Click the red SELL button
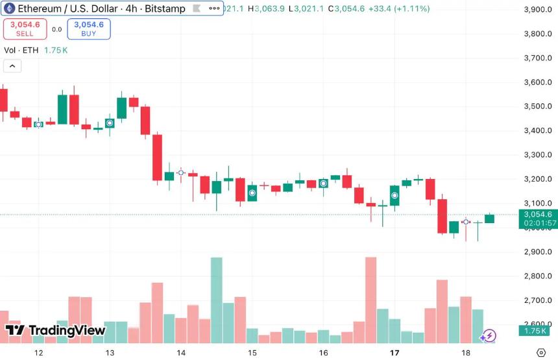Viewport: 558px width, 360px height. (25, 29)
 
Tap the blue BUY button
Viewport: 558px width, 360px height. (88, 29)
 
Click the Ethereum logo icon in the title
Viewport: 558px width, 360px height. (10, 9)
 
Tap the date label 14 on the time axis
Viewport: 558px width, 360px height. (181, 353)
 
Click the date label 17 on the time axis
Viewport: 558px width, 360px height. (394, 353)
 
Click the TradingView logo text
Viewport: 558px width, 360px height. (56, 330)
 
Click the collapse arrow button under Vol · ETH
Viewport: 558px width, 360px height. (12, 66)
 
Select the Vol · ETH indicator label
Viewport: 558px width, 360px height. (21, 50)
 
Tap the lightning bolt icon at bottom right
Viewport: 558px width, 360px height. (488, 335)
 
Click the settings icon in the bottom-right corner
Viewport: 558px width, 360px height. (540, 352)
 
